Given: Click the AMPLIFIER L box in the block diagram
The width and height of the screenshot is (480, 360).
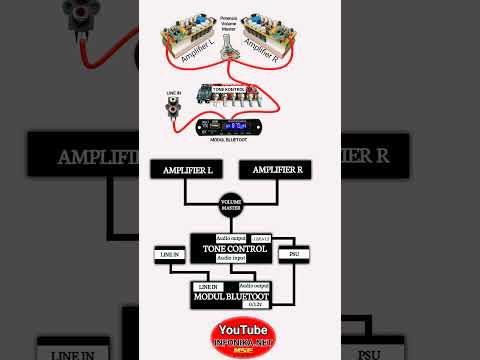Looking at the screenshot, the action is click(x=181, y=171).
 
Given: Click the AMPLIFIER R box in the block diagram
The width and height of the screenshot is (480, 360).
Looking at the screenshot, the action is click(x=278, y=171).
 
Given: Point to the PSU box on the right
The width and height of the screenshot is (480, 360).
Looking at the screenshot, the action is click(x=293, y=254).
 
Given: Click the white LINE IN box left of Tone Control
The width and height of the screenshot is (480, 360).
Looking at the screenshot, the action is click(x=167, y=256).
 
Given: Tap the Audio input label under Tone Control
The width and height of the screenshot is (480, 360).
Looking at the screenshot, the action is click(x=231, y=258).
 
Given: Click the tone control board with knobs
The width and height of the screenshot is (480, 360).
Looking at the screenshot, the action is click(x=230, y=96).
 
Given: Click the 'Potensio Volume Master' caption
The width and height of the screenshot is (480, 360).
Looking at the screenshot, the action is click(x=232, y=23).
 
